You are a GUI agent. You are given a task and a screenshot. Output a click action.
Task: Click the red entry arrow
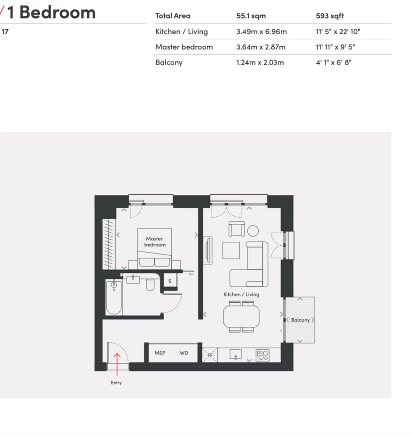point(117,364)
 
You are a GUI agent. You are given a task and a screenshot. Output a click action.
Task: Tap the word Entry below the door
point(116,383)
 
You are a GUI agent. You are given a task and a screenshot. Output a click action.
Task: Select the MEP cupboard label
point(160,353)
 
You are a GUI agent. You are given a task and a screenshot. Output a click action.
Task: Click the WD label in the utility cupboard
point(184,353)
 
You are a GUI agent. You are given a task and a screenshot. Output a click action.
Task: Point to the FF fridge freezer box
point(210,355)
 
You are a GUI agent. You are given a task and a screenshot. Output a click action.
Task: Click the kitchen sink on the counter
point(235,354)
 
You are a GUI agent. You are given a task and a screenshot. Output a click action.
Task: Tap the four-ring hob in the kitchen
point(262,355)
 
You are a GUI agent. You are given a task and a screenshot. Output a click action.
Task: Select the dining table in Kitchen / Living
point(241,316)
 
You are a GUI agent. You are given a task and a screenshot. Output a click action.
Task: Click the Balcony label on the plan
point(300,320)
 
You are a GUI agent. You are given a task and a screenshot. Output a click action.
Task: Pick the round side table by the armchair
point(253,231)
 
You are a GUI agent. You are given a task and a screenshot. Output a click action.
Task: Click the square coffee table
point(231,250)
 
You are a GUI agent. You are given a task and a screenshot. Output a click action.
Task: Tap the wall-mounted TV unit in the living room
point(208,250)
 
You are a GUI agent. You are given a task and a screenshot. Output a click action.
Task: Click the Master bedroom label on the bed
point(155,242)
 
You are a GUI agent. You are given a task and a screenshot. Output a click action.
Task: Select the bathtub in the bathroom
point(114,297)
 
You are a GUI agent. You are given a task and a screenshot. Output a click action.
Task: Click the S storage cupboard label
point(170,281)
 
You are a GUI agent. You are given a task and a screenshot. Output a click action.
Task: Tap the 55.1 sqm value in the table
point(251,16)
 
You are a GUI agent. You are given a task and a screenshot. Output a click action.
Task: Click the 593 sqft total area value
point(330,16)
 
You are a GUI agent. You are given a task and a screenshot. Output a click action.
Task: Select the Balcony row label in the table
point(169,62)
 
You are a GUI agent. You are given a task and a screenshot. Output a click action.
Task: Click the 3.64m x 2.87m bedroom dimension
point(261,47)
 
